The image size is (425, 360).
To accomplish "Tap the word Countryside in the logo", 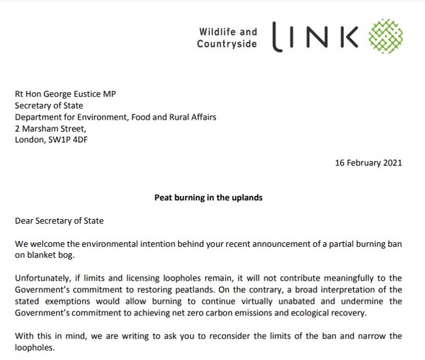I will click(x=227, y=44).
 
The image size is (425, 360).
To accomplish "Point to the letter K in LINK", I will click(x=347, y=37).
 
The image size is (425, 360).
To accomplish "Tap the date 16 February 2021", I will click(x=368, y=163).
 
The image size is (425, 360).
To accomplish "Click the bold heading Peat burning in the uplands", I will click(x=208, y=198).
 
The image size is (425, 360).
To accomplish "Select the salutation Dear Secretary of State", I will click(x=59, y=220).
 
